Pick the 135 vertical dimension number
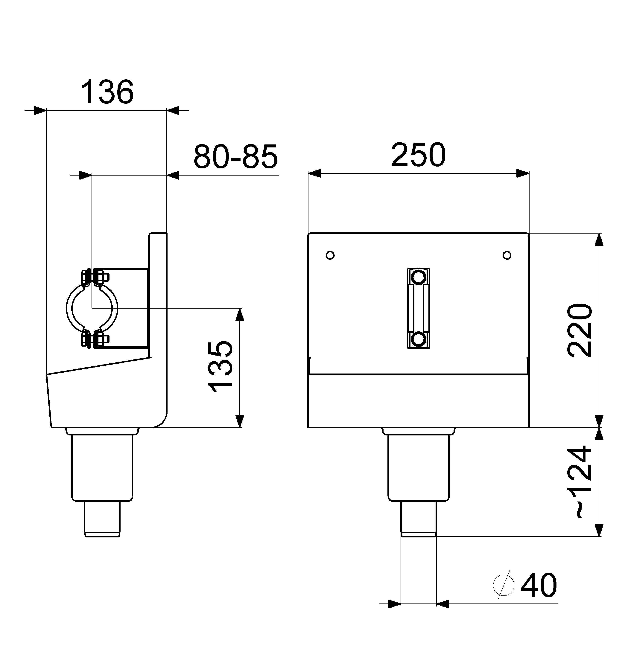pos(220,366)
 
